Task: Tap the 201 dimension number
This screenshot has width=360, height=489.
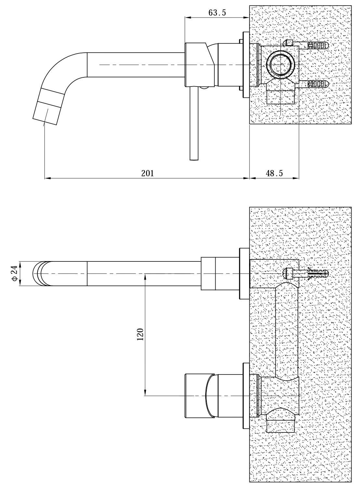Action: (x=148, y=173)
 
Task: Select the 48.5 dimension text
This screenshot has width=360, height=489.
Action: (x=274, y=173)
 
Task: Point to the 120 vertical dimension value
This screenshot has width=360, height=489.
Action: (x=140, y=334)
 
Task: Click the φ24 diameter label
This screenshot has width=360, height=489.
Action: (x=14, y=273)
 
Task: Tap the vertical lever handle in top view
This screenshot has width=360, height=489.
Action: (x=194, y=123)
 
